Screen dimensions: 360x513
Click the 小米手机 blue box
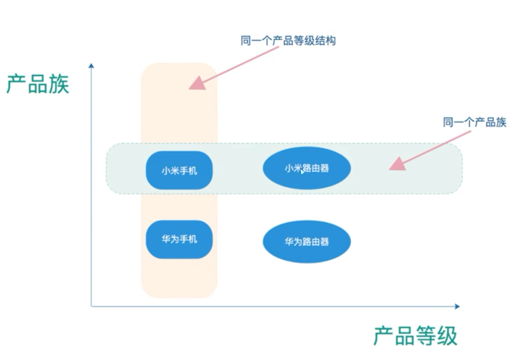179,170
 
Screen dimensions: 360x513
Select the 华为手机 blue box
179,239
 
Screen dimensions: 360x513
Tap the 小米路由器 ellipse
306,169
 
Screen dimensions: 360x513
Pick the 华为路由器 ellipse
306,242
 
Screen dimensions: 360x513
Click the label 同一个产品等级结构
288,41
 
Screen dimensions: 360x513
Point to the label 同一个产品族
474,123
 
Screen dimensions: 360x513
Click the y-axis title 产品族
38,84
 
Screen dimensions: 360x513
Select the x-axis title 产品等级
415,337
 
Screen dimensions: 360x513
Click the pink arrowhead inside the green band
397,163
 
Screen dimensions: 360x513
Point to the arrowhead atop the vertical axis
92,66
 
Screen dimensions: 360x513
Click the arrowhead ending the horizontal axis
456,306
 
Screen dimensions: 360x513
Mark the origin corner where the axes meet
92,306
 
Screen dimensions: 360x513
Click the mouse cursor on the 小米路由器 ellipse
303,172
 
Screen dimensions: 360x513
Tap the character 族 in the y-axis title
59,84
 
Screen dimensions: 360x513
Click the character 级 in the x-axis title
447,337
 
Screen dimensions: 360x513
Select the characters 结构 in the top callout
325,41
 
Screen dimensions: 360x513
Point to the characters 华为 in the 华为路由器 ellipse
293,242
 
